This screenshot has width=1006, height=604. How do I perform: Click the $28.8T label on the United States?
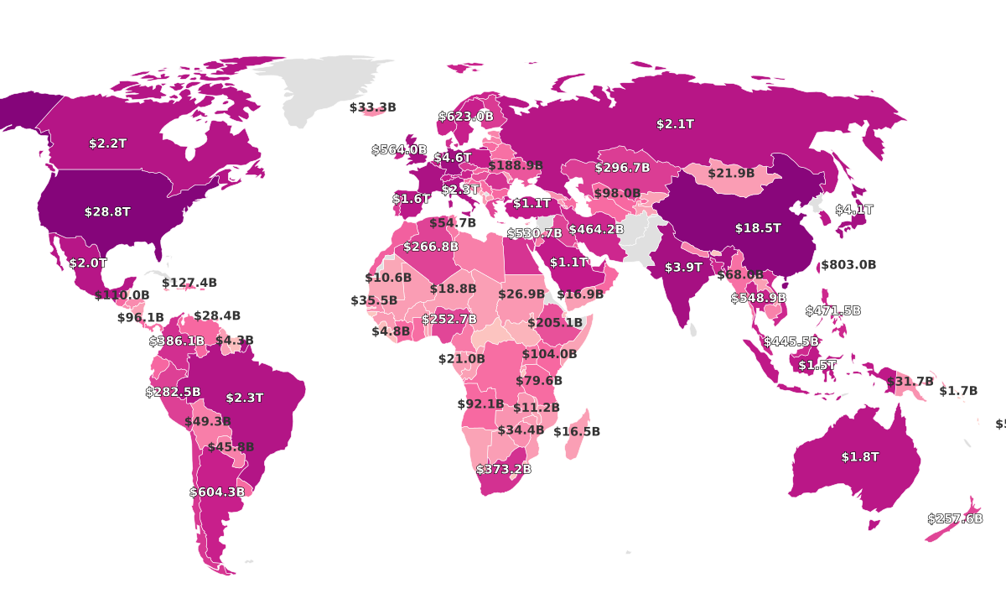107,212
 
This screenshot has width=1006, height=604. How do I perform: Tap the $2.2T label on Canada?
107,143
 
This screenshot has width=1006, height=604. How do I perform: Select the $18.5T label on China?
758,228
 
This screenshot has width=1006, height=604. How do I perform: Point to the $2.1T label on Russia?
675,124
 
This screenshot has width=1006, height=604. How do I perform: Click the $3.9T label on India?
683,268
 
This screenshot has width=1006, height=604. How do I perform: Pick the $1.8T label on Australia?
860,457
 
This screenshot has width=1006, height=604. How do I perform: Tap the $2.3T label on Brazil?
245,398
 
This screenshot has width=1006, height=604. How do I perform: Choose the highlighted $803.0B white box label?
848,265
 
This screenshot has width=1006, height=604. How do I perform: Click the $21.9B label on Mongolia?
731,174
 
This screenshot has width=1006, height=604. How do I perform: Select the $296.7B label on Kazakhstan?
622,168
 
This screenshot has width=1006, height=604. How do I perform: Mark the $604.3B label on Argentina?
217,492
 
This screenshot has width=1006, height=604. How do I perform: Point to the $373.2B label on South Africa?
503,470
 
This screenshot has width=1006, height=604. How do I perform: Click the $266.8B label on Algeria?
431,247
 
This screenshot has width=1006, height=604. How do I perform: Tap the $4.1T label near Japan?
853,210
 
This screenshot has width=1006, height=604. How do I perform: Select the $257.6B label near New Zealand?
954,519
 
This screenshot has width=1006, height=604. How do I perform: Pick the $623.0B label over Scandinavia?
466,117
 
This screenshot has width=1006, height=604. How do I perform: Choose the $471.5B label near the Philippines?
832,311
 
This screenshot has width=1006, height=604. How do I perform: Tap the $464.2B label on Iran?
596,229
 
